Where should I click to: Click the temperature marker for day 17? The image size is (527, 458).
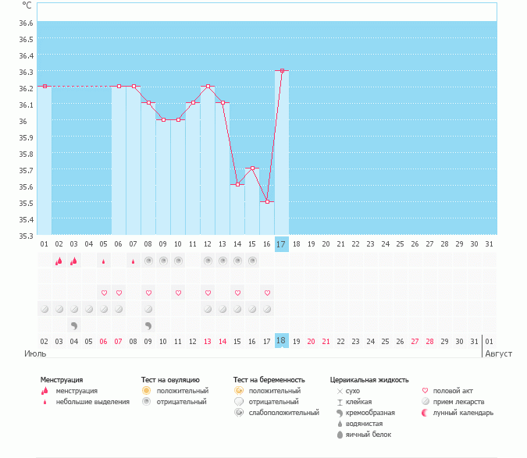pos(282,70)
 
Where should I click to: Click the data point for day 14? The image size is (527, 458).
pos(237,184)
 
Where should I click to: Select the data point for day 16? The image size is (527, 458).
pos(267,201)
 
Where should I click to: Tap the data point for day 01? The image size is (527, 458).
pos(45,86)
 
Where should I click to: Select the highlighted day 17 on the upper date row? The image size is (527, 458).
pos(282,244)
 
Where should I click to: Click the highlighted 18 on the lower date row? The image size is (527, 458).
pos(282,341)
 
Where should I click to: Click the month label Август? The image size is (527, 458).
pos(497,353)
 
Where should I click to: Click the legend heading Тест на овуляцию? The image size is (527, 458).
pos(170,380)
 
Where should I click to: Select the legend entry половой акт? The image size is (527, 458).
pos(453,391)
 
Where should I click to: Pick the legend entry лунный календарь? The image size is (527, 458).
pos(463,413)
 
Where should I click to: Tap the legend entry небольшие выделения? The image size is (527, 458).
pos(93,402)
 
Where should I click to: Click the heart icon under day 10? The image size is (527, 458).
pos(178,293)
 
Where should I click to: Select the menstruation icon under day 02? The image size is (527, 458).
pos(59,261)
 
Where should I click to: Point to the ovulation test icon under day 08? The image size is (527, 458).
pos(148,261)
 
